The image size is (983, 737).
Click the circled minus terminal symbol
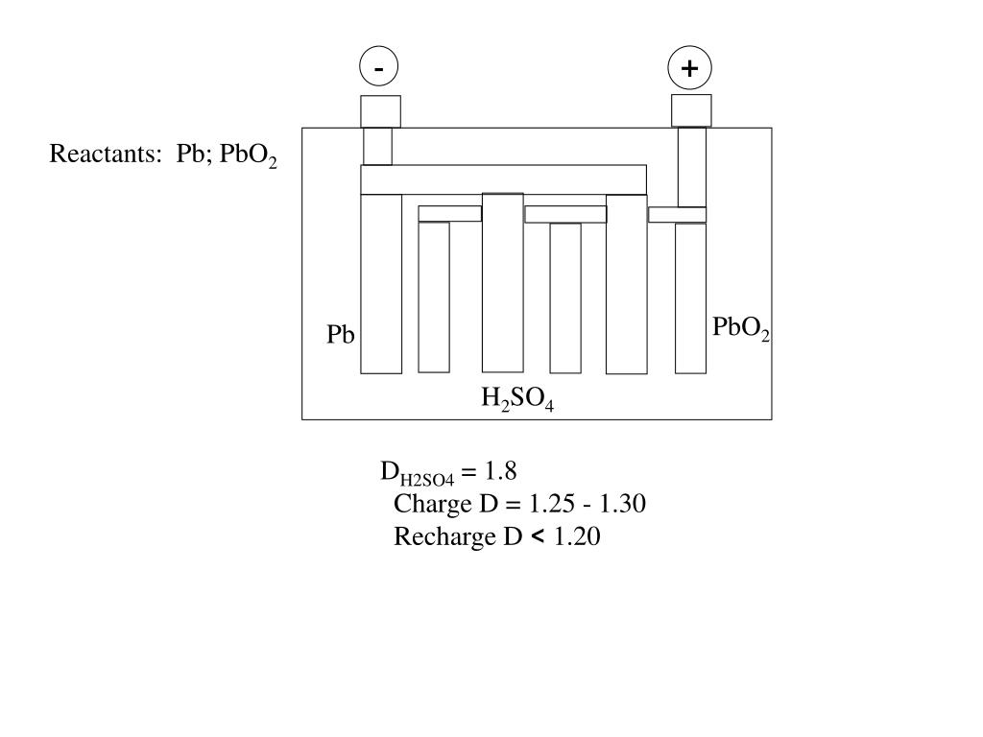point(379,68)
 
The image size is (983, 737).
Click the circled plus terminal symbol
point(689,68)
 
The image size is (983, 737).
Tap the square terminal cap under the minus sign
point(380,111)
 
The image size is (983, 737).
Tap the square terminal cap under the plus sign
point(691,110)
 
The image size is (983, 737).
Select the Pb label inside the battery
point(341,335)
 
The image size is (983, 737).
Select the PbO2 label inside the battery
point(740,328)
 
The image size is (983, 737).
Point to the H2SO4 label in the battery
point(517,398)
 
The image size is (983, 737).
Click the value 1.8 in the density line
point(500,471)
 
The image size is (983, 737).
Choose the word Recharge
point(444,536)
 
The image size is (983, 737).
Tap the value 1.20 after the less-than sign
point(577,536)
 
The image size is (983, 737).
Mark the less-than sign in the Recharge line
point(536,536)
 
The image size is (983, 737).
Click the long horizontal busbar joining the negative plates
point(503,179)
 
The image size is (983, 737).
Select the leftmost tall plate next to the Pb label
point(381,283)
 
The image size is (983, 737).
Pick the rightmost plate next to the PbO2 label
point(690,297)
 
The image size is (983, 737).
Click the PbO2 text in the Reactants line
point(248,155)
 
